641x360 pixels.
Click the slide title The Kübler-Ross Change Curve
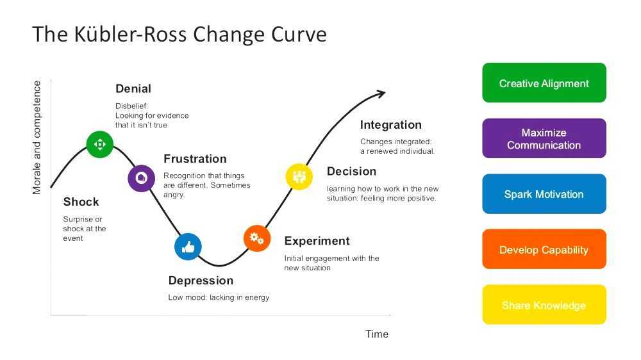pos(179,34)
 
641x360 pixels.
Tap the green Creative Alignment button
pos(544,83)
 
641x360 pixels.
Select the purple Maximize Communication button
pos(544,138)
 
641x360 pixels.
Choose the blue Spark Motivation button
pos(544,194)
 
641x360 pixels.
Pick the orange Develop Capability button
pos(544,249)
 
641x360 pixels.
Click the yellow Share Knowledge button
pos(544,305)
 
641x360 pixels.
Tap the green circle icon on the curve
pos(100,144)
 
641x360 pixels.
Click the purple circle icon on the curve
pos(141,179)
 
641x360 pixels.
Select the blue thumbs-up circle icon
pos(188,246)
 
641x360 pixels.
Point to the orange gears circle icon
pos(257,238)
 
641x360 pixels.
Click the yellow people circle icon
pos(299,176)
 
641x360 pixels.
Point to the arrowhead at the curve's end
pos(380,94)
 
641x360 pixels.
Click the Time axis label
pos(377,334)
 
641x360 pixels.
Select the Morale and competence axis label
pos(37,138)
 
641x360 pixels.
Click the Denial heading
pos(133,88)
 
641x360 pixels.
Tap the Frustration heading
pos(195,159)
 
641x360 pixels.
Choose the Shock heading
pos(81,202)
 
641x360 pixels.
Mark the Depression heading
pos(201,281)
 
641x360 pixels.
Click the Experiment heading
pos(317,241)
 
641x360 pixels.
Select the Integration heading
pos(390,125)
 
